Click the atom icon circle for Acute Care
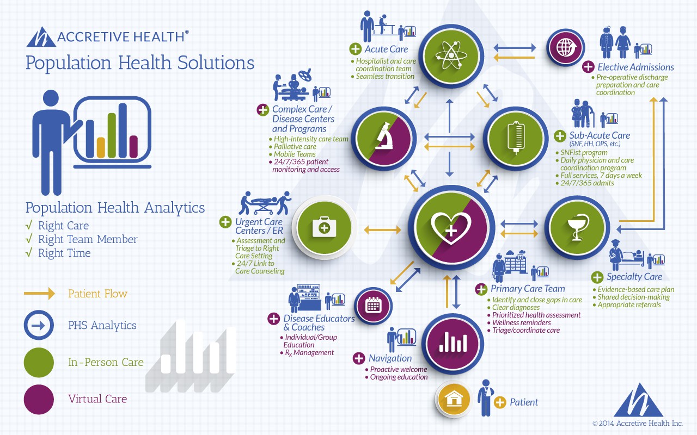(x=451, y=55)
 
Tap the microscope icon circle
(x=384, y=138)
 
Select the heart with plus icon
(x=451, y=228)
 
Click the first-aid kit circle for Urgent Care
(x=324, y=228)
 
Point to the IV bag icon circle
(x=516, y=138)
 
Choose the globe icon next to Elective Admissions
(x=566, y=48)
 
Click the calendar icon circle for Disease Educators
(x=374, y=306)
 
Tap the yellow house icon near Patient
(x=454, y=399)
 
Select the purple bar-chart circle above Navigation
(x=453, y=344)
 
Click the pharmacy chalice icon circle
(x=577, y=228)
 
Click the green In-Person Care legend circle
(x=39, y=362)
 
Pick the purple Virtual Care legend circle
(x=39, y=399)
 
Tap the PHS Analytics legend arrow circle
(x=39, y=325)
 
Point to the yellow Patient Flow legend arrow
(x=40, y=293)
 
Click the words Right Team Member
(x=88, y=239)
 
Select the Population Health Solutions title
(x=140, y=63)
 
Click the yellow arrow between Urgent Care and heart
(x=382, y=230)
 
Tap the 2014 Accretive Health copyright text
(x=638, y=423)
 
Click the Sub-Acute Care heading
(x=600, y=135)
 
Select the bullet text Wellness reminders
(x=522, y=322)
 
